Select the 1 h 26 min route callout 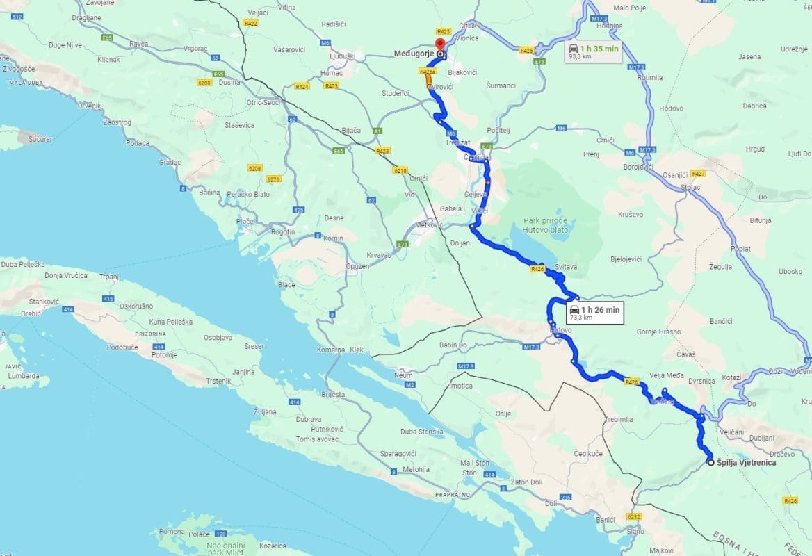coord(594,313)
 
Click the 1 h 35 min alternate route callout coord(592,52)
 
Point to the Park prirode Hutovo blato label coord(546,225)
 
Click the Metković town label coord(428,225)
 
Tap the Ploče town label coord(245,221)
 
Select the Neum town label coord(404,375)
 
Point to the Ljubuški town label coord(344,56)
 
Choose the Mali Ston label coord(475,462)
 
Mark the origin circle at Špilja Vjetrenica coord(710,462)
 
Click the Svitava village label coord(567,267)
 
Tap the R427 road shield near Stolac coord(699,173)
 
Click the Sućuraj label coord(40,139)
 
